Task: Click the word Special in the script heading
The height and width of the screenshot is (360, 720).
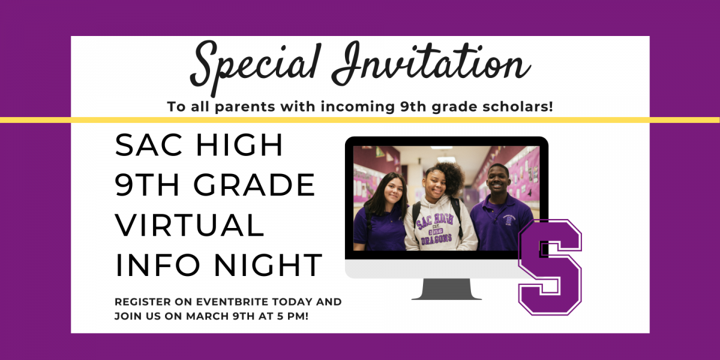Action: (256, 66)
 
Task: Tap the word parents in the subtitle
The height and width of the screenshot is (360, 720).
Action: (245, 107)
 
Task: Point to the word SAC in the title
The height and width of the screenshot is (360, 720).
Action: (149, 145)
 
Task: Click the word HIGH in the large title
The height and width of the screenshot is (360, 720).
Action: (239, 145)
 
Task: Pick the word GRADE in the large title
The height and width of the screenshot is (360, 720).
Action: (254, 185)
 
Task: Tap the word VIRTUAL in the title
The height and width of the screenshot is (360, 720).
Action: (190, 224)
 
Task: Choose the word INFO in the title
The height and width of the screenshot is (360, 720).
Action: (158, 265)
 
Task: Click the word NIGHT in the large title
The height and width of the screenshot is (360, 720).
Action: (268, 265)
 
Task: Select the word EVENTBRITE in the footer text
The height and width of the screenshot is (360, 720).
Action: (232, 302)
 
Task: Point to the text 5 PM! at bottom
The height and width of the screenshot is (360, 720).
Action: (293, 316)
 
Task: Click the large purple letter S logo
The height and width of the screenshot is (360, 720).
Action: (550, 268)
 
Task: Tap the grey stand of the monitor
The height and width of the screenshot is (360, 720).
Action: (446, 289)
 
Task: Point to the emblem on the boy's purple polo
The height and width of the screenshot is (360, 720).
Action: (509, 220)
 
